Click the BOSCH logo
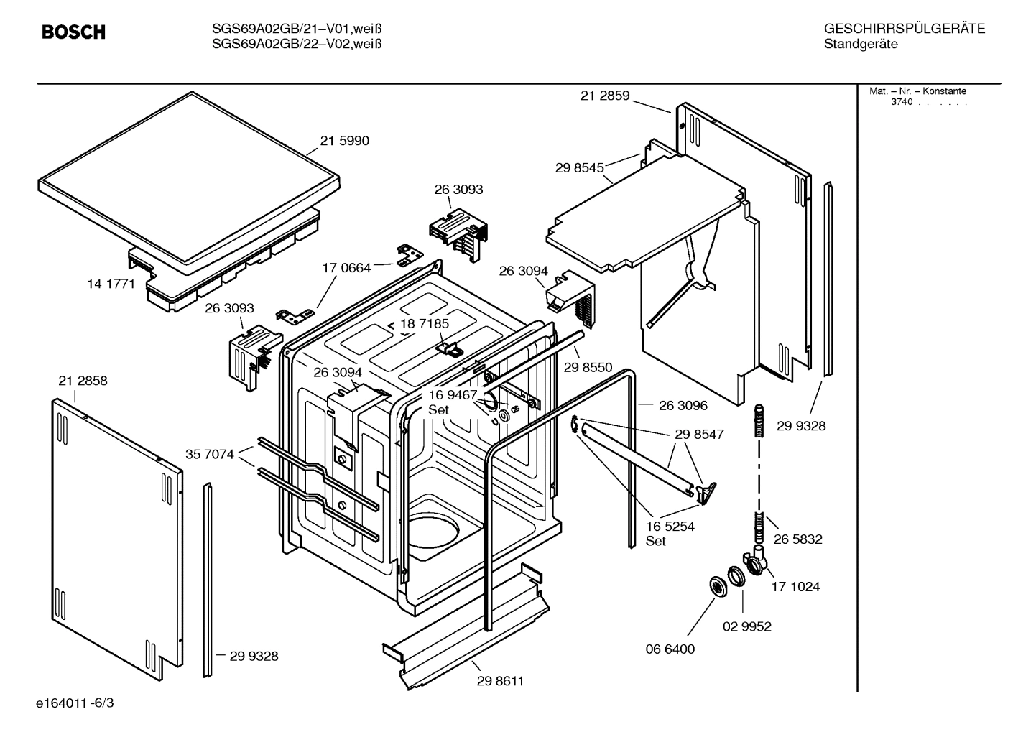point(73,32)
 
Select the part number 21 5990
point(344,141)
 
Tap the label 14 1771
point(111,284)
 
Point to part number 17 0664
point(346,268)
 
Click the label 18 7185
point(425,324)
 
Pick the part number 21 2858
point(83,381)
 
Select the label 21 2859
point(604,96)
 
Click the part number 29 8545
point(579,167)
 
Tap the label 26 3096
point(683,405)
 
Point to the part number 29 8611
point(500,681)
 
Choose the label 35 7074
point(210,454)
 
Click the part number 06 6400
point(670,649)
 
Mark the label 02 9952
point(746,626)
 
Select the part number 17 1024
point(795,586)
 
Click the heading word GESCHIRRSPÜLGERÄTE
point(904,29)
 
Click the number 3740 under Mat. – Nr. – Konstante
point(901,102)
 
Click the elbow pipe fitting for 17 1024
point(756,560)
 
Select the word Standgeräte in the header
point(860,45)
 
